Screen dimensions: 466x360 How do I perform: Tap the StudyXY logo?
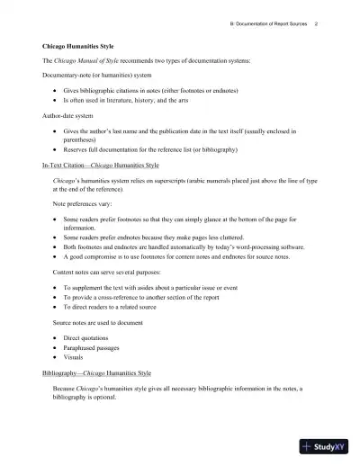tap(328, 445)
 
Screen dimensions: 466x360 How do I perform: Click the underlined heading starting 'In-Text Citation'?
tap(101, 166)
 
